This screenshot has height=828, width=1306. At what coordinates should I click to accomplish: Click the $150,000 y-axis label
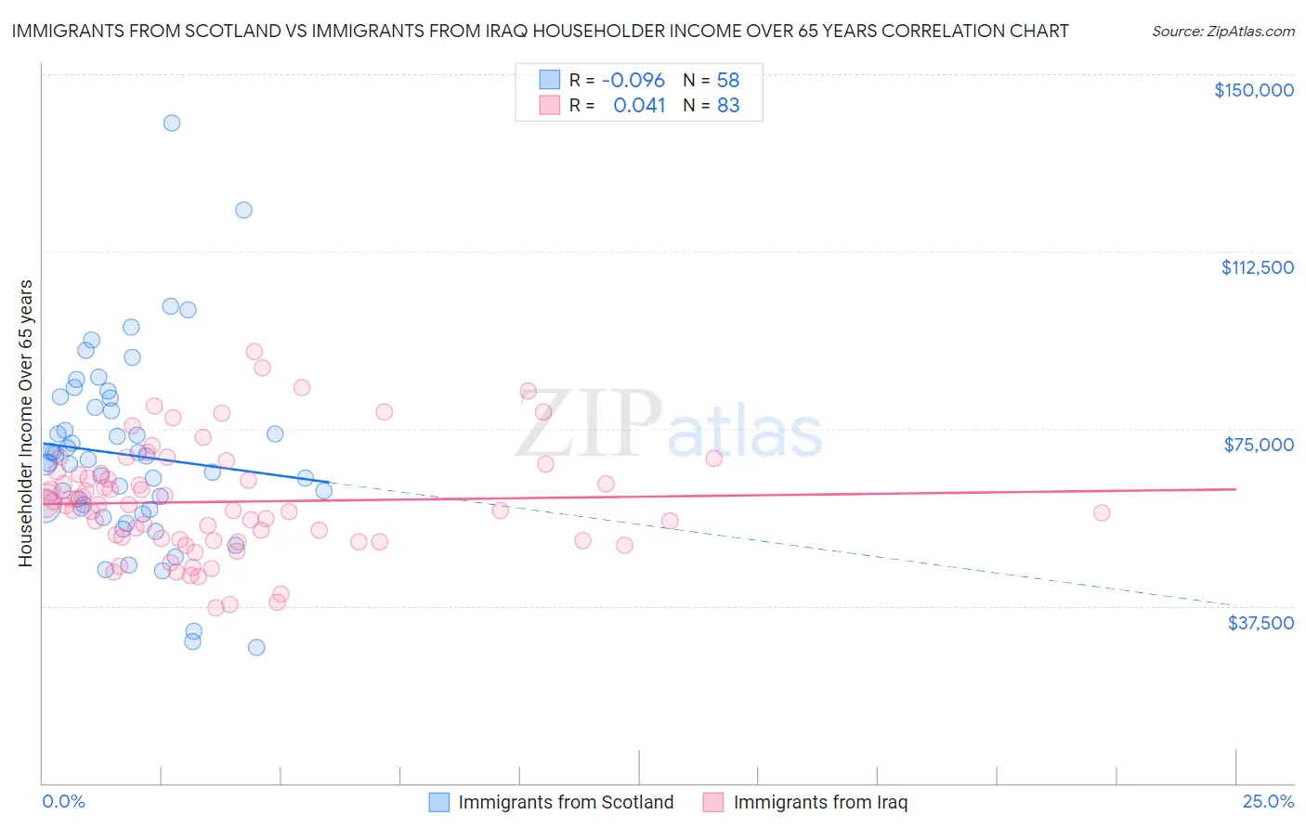pyautogui.click(x=1253, y=90)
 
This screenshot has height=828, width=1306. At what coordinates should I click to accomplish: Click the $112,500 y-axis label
pyautogui.click(x=1257, y=267)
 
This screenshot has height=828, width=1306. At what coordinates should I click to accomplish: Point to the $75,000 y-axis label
pyautogui.click(x=1259, y=445)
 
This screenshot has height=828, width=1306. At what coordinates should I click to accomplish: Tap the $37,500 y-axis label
pyautogui.click(x=1260, y=623)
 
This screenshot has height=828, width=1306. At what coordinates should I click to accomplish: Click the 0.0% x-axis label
pyautogui.click(x=63, y=801)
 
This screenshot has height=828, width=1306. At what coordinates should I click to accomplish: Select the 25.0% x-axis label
pyautogui.click(x=1268, y=801)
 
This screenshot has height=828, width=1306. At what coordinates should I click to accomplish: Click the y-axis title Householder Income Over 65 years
pyautogui.click(x=26, y=423)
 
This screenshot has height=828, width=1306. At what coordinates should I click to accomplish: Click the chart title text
pyautogui.click(x=540, y=31)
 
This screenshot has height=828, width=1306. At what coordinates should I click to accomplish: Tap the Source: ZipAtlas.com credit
pyautogui.click(x=1222, y=31)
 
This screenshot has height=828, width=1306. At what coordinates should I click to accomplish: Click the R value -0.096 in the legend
pyautogui.click(x=633, y=80)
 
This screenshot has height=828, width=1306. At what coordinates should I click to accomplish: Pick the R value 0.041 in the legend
pyautogui.click(x=639, y=105)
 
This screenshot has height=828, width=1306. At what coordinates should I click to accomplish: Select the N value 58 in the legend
pyautogui.click(x=727, y=80)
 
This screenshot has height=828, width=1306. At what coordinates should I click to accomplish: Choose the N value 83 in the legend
pyautogui.click(x=728, y=105)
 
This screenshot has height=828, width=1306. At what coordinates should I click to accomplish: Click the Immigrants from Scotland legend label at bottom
pyautogui.click(x=566, y=802)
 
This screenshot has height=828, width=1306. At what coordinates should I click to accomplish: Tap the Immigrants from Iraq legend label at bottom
pyautogui.click(x=820, y=802)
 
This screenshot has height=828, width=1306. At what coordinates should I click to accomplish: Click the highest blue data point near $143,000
pyautogui.click(x=172, y=123)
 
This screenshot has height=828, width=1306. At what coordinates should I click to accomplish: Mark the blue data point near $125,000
pyautogui.click(x=243, y=210)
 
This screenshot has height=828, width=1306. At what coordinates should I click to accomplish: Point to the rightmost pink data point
pyautogui.click(x=1102, y=512)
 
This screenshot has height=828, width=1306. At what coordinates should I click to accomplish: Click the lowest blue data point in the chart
pyautogui.click(x=256, y=647)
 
